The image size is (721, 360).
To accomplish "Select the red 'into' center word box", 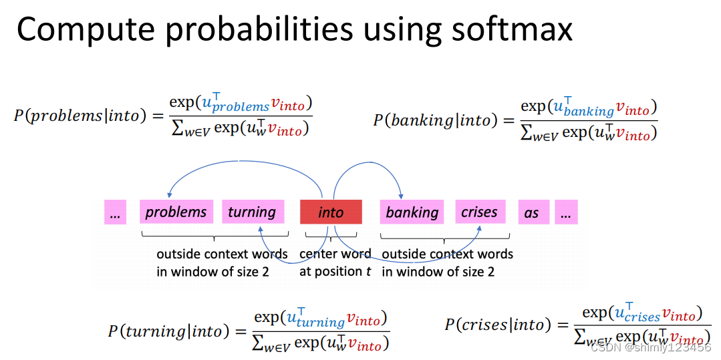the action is [331, 212].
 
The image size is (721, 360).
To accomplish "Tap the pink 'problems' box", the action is [176, 212].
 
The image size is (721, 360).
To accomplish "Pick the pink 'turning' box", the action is [252, 212].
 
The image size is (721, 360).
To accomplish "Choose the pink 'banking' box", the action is [412, 212].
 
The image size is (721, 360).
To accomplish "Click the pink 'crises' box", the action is [479, 212].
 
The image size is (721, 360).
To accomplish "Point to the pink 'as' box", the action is [531, 212].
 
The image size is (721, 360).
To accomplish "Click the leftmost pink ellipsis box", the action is [115, 212].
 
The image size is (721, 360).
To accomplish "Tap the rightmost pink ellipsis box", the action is [566, 212].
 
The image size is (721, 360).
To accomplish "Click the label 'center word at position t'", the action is [335, 262].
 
